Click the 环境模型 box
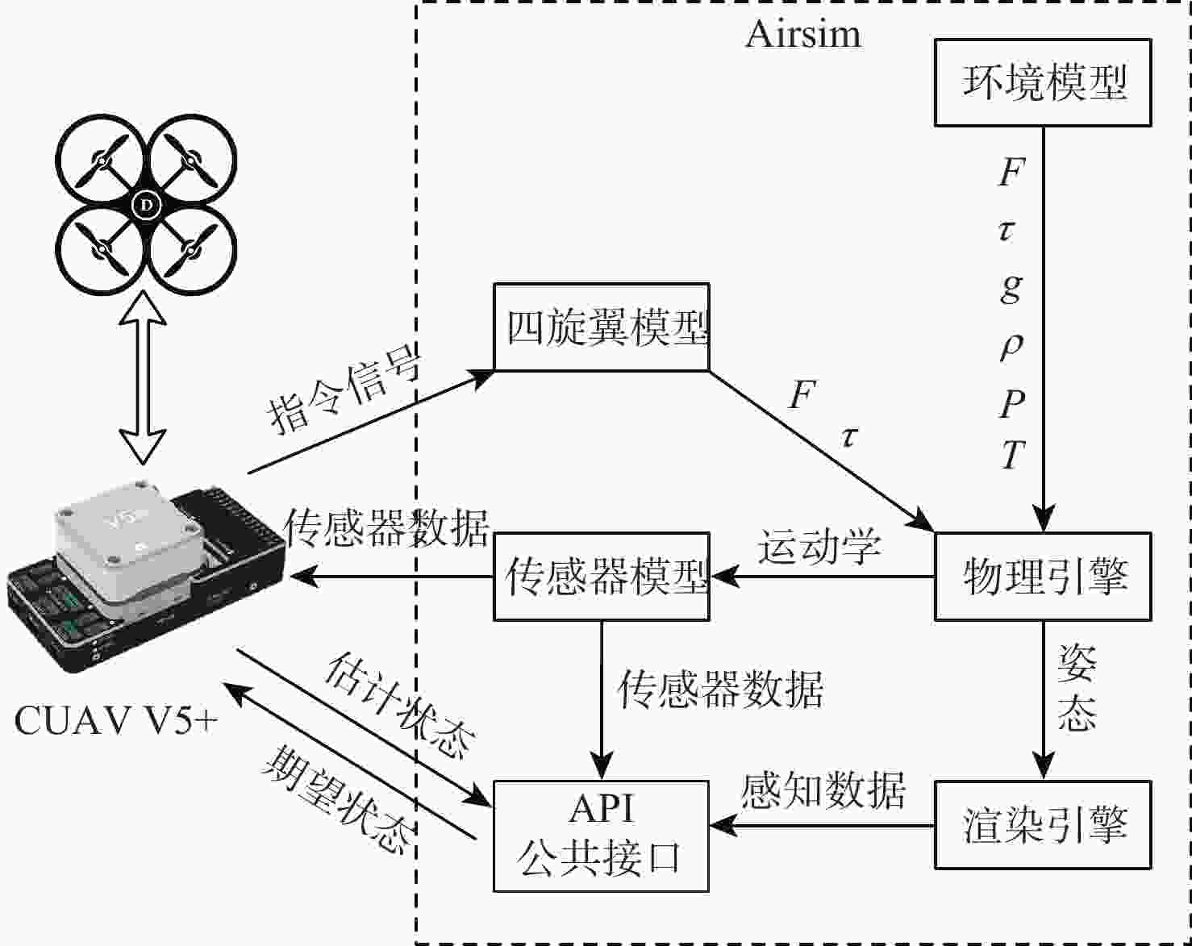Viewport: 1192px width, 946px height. point(1042,83)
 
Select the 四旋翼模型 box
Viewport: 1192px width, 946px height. point(602,327)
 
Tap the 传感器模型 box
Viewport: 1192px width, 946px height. point(602,577)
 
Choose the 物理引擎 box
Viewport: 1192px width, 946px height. point(1042,577)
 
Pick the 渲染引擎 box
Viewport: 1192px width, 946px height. point(1042,825)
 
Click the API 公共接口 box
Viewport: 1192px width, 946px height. point(602,836)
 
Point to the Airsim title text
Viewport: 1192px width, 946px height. point(803,35)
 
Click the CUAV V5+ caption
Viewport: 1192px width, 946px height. point(116,720)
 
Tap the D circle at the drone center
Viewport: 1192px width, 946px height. point(147,205)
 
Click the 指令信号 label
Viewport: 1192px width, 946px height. point(344,393)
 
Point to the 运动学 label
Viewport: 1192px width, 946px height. point(819,547)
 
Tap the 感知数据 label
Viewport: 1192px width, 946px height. point(823,790)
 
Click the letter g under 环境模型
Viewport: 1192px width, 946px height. point(1011,286)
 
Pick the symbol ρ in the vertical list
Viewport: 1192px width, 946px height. point(1011,344)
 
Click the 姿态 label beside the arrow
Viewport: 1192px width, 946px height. point(1077,688)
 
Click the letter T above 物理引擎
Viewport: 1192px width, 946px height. point(1013,456)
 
